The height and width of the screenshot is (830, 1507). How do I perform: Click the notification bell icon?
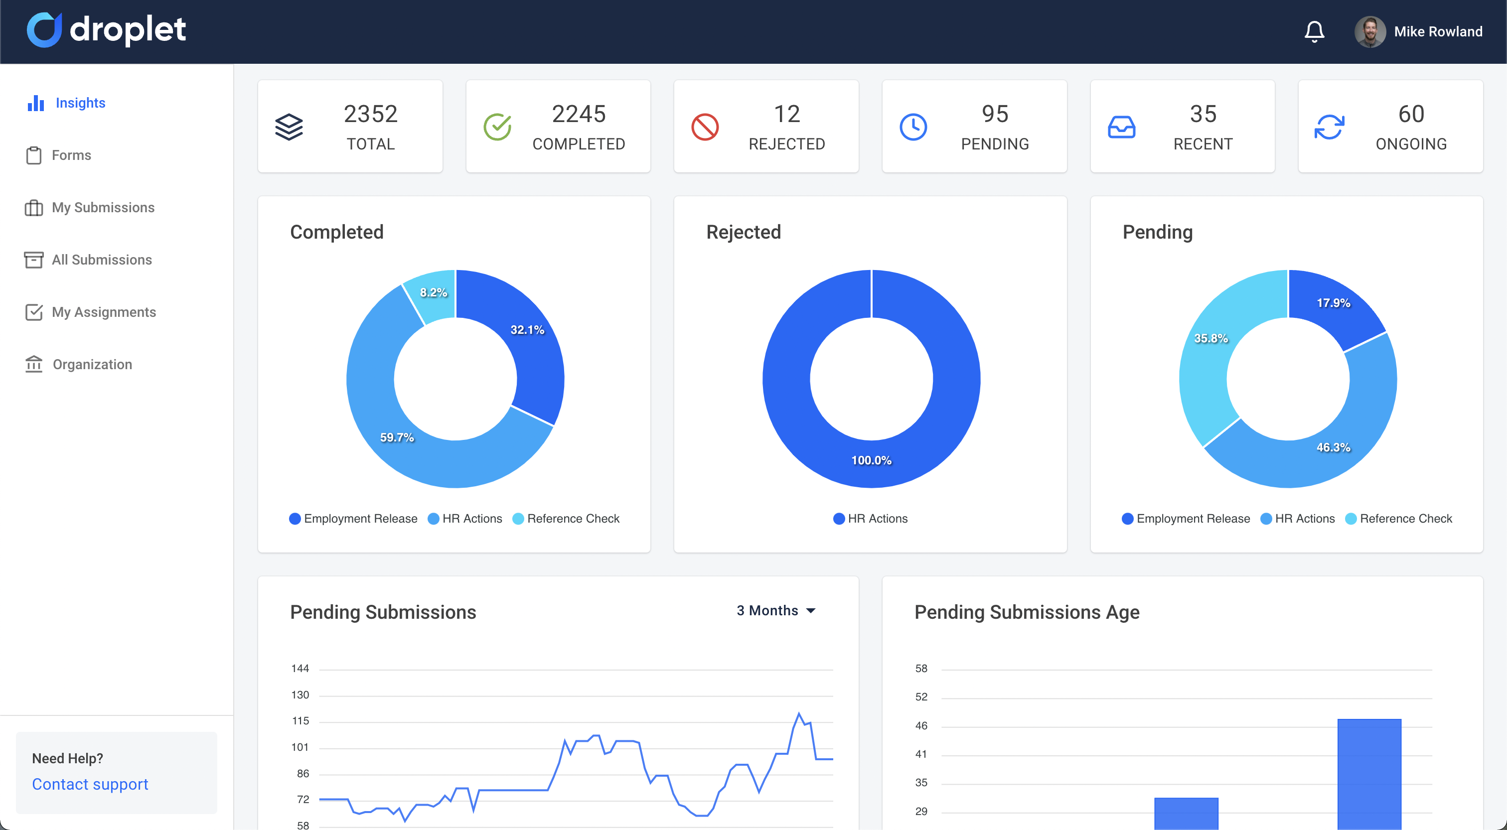pos(1314,31)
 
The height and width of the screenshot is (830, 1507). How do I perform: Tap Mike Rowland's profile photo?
pos(1369,31)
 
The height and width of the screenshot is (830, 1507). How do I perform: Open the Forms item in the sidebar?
pos(71,155)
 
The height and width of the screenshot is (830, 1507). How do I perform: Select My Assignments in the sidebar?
pos(104,312)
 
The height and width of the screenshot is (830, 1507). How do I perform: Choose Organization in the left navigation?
pos(92,364)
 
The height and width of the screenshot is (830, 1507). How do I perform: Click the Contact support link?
pos(90,784)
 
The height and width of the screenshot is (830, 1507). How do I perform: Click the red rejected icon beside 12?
pos(705,127)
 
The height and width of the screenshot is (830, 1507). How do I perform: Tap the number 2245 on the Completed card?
pos(579,114)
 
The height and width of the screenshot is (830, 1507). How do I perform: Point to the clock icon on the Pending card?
pos(913,127)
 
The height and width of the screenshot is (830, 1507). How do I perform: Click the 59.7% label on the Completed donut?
pos(397,437)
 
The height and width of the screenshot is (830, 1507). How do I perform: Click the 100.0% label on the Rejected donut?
pos(871,460)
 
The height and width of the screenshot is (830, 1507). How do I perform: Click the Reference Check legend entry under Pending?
pos(1399,519)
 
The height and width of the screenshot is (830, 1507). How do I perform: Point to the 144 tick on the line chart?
pos(300,669)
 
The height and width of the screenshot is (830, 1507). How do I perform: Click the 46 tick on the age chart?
pos(921,726)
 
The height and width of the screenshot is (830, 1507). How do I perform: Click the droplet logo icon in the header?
pos(44,30)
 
